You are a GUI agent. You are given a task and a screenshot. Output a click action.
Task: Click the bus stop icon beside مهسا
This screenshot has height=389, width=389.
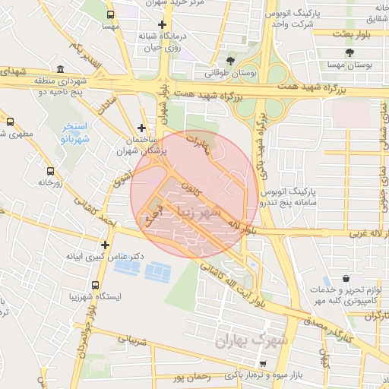click(x=111, y=14)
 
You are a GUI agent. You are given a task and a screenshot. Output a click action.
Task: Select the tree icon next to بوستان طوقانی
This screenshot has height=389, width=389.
click(x=231, y=61)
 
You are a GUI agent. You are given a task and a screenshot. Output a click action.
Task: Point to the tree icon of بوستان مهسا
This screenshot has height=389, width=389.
click(x=349, y=52)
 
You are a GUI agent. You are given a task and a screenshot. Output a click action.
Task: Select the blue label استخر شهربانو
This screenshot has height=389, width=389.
click(x=74, y=132)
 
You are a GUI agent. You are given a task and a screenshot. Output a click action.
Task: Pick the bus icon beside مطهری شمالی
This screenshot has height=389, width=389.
click(x=11, y=121)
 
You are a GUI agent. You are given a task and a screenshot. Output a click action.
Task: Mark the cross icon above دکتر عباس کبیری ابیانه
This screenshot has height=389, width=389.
click(x=105, y=245)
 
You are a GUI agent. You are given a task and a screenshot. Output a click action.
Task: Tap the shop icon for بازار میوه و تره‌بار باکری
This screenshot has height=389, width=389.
click(x=264, y=364)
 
